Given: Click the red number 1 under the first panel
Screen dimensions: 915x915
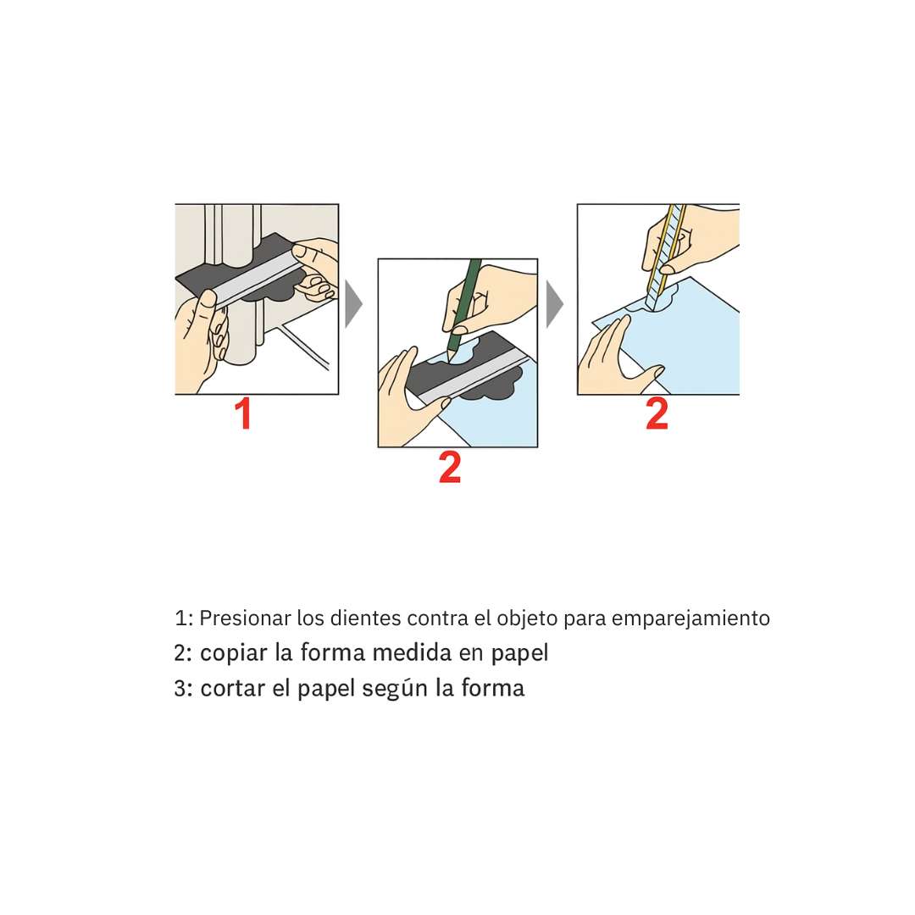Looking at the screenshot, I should pyautogui.click(x=243, y=415).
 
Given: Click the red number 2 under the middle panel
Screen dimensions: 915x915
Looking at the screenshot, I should pyautogui.click(x=450, y=469).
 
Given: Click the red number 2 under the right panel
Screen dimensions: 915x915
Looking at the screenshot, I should pyautogui.click(x=657, y=414).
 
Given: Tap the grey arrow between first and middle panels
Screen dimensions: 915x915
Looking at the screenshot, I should pyautogui.click(x=354, y=303).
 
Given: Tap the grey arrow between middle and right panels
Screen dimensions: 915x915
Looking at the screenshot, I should pyautogui.click(x=555, y=303).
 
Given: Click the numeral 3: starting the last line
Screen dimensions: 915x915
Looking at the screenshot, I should pyautogui.click(x=183, y=688).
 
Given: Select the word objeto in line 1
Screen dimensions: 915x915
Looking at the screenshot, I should pyautogui.click(x=527, y=618).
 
